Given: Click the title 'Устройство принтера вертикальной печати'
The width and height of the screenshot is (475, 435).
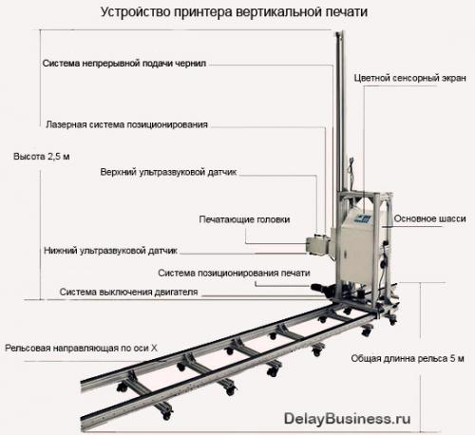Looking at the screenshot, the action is (x=234, y=12).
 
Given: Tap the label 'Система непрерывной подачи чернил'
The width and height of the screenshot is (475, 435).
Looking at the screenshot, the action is (x=124, y=64).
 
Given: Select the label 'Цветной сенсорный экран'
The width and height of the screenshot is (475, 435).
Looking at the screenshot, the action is (x=409, y=78).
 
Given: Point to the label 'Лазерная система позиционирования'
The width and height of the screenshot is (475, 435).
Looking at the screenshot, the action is (x=126, y=124).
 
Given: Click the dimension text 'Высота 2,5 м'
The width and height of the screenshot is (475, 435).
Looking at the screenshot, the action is (x=41, y=157).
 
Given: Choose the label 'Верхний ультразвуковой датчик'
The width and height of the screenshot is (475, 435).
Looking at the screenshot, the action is (x=168, y=172).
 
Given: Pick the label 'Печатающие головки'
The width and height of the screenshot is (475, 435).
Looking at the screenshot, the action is (x=244, y=219).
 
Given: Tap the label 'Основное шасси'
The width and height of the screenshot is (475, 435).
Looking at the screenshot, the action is (x=429, y=218).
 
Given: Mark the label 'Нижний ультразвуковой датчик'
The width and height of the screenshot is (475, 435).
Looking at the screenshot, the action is (x=110, y=251).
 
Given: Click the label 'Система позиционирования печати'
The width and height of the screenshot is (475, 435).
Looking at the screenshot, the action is (x=234, y=273).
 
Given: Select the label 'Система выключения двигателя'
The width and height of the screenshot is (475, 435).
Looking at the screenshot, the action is (x=128, y=292).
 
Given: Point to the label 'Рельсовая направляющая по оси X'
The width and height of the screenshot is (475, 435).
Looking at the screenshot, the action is (x=81, y=349).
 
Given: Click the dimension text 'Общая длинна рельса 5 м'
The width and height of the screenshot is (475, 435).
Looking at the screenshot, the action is (x=408, y=359).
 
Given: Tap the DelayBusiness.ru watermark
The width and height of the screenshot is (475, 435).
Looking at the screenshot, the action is (x=347, y=419).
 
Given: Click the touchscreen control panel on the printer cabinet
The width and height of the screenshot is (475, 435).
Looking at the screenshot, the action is (x=363, y=218).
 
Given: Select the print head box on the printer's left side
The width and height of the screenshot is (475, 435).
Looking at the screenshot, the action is (x=317, y=244).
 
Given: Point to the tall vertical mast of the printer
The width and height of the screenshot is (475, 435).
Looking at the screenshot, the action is (x=339, y=111).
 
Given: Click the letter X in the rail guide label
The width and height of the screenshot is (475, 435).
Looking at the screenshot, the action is (x=154, y=349).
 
